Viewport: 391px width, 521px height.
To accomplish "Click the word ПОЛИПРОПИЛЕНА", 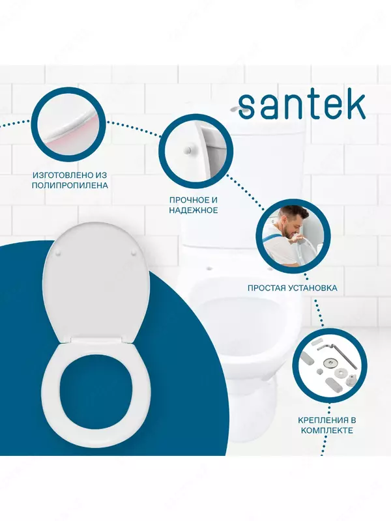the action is coord(70,186).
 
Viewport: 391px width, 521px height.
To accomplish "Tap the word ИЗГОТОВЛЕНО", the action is coord(61,175).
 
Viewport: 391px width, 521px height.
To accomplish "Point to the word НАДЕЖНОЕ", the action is coord(193,210).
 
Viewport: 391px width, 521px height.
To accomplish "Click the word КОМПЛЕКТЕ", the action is coord(326,430).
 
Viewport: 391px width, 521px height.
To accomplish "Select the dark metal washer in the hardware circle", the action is coord(327,361).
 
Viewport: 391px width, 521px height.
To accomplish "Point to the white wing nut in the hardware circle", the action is coord(351,378).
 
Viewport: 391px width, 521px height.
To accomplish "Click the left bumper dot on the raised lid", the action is coord(59,253).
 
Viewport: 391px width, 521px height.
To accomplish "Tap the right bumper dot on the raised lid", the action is coord(135,253).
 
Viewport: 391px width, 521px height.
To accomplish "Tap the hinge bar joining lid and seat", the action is coord(96,339).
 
